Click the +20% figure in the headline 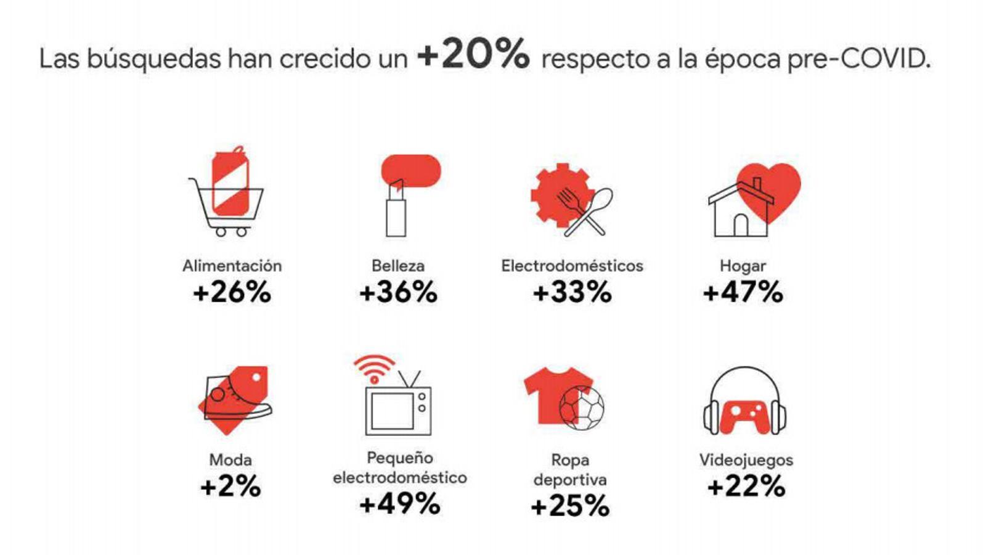[473, 54]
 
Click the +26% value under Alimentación [232, 292]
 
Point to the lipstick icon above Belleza [396, 208]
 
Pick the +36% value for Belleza [398, 292]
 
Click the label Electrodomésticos [572, 266]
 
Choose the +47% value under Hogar [743, 292]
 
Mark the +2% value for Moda [230, 487]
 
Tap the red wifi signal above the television [374, 368]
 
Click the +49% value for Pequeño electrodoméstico [399, 504]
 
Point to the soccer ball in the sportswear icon [581, 407]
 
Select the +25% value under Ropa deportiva [570, 506]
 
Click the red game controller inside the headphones [744, 416]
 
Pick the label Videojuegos [746, 460]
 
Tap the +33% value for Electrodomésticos [572, 292]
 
